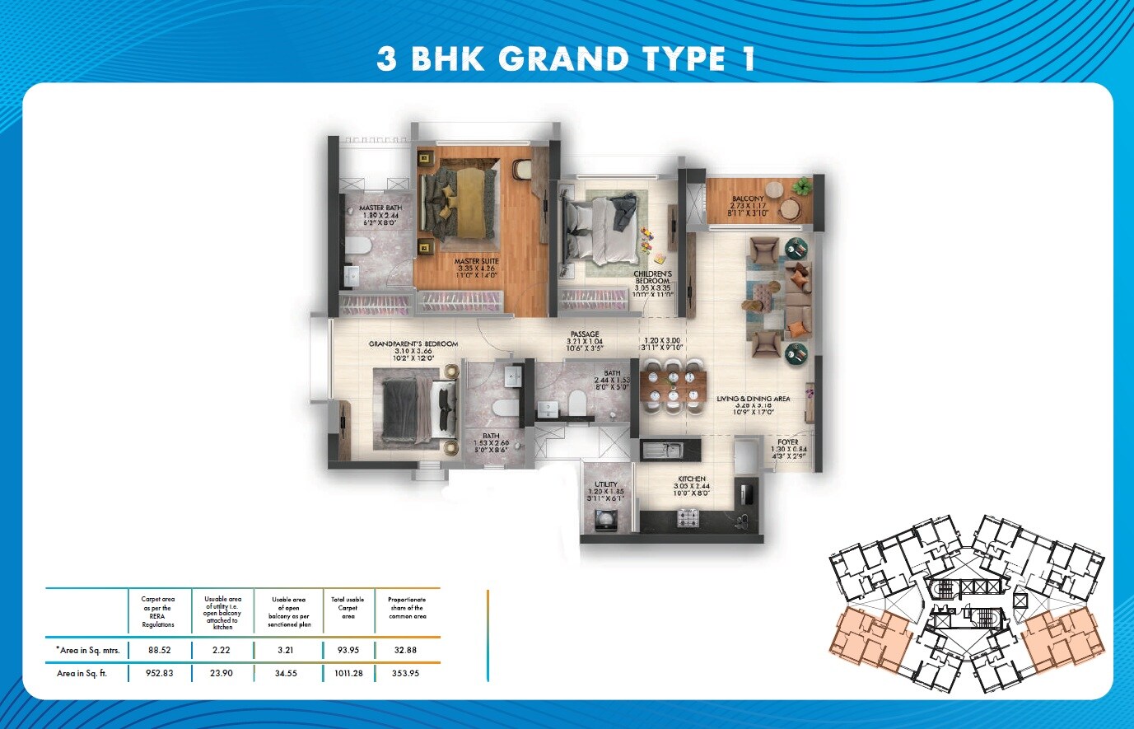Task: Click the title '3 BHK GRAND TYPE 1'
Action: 567,59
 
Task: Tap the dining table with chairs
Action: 674,384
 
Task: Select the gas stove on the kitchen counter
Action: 687,518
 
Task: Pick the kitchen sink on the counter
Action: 662,450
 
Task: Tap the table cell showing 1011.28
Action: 349,674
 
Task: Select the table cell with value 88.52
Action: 158,651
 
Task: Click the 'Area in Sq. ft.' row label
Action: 82,674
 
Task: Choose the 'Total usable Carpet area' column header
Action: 348,608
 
